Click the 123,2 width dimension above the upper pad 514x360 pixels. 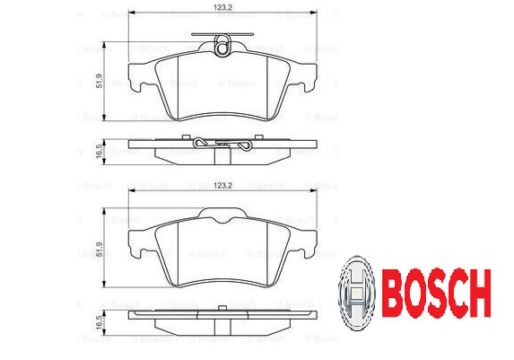click(223, 9)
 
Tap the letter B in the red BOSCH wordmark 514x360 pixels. click(393, 289)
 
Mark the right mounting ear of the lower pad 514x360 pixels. click(309, 241)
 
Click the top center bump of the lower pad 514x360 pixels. click(223, 214)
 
